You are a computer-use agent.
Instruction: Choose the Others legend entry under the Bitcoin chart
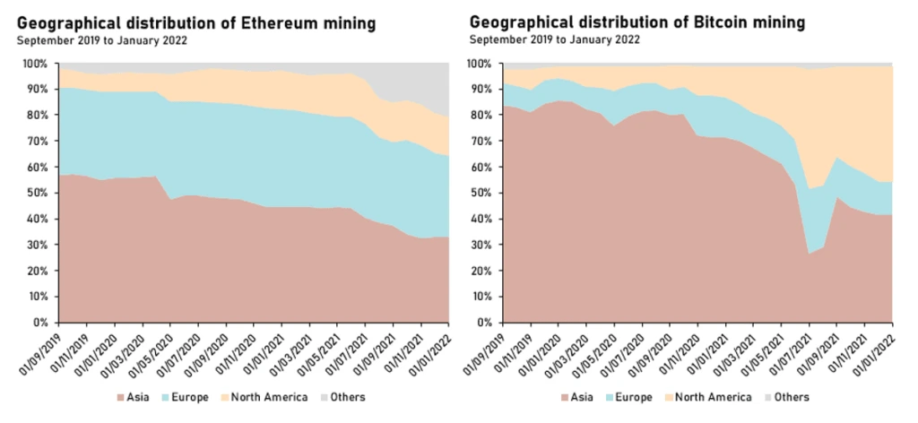click(x=788, y=396)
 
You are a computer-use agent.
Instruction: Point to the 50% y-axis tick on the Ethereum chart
click(x=40, y=193)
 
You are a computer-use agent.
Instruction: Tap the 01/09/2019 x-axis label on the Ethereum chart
click(x=41, y=351)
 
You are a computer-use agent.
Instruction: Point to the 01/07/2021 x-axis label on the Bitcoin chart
click(x=792, y=351)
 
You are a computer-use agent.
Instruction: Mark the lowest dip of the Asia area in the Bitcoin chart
click(x=810, y=255)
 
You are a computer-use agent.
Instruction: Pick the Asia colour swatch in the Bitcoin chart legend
click(x=565, y=396)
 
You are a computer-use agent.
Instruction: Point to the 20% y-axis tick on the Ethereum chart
click(x=40, y=271)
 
